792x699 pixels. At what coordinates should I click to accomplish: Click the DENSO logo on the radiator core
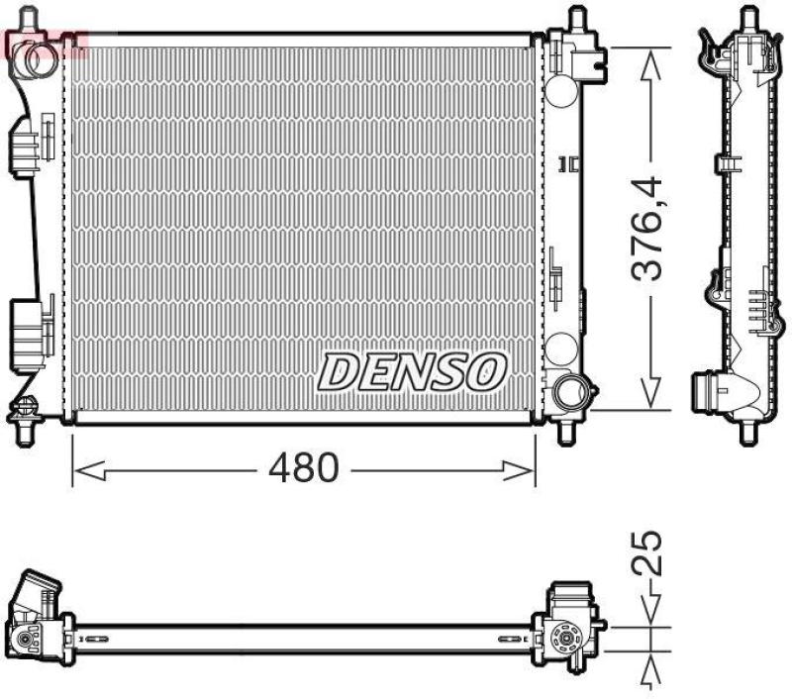tap(412, 371)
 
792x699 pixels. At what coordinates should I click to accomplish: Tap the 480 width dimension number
tap(304, 468)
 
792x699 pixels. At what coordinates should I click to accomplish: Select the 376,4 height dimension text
tap(649, 229)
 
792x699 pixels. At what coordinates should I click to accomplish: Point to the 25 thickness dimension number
tap(649, 555)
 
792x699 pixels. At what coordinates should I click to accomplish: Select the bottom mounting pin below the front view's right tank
tap(567, 432)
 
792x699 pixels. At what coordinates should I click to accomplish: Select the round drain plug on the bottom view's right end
tap(569, 641)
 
